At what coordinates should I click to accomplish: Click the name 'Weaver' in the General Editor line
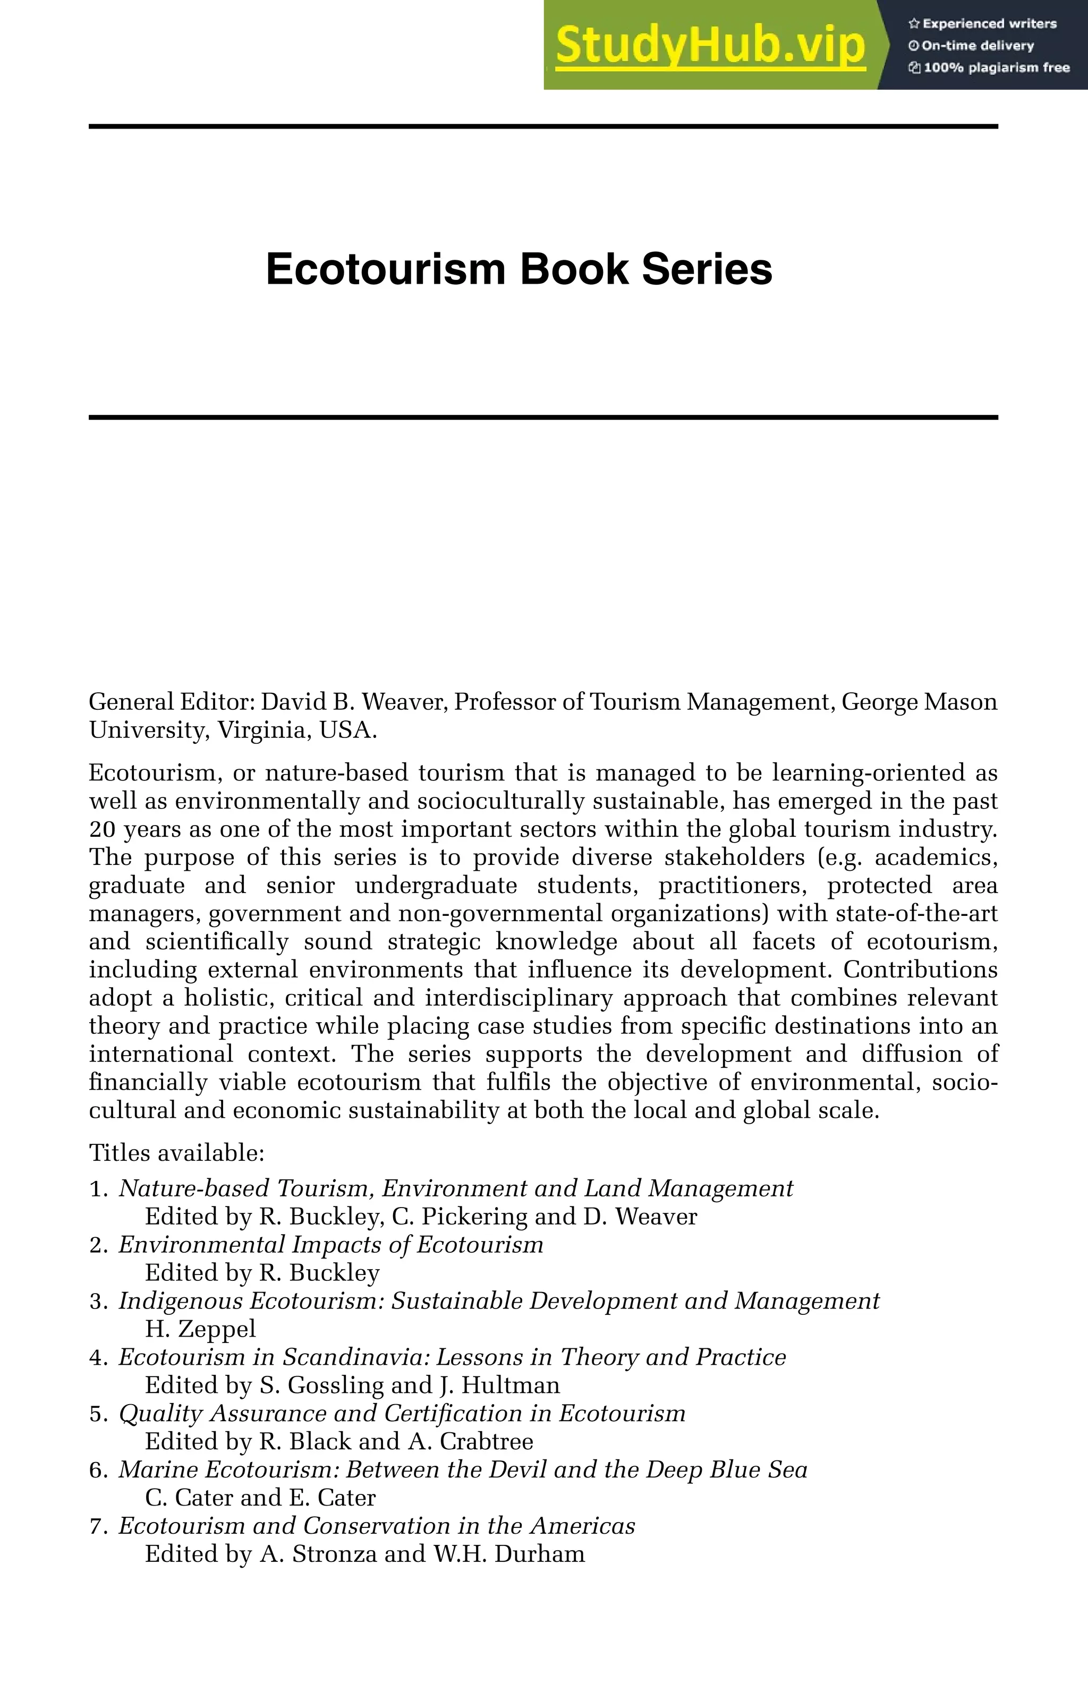pyautogui.click(x=403, y=702)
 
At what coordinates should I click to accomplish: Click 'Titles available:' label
pyautogui.click(x=176, y=1153)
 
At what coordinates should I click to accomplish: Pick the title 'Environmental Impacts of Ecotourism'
pyautogui.click(x=330, y=1245)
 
